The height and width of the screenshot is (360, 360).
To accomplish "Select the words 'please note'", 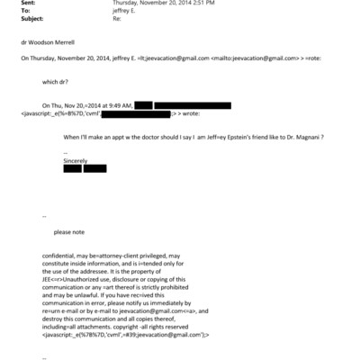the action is [x=68, y=231].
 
